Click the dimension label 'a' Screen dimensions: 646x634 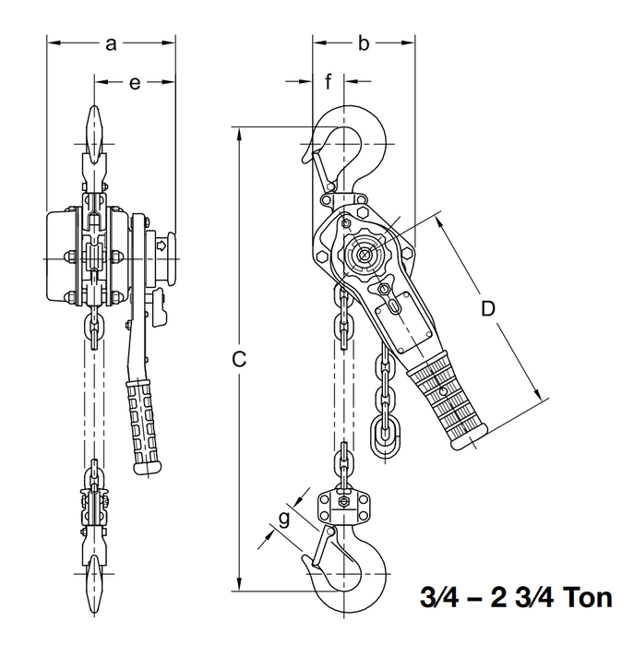(111, 42)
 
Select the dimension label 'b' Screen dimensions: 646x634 (363, 42)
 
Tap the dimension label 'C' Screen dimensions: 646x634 (237, 360)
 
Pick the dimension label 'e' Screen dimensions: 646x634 (135, 83)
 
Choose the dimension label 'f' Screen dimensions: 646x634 (328, 83)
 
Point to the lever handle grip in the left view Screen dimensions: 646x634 (145, 420)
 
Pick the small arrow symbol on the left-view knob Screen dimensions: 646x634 (161, 245)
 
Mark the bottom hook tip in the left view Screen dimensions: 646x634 (96, 577)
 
